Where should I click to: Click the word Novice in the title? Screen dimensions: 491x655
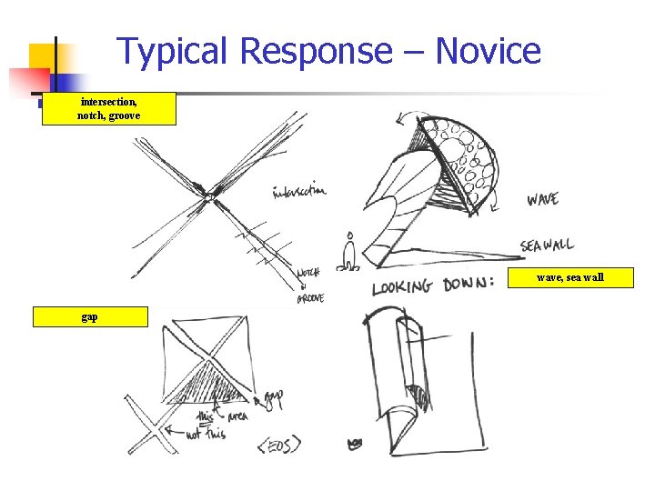tap(489, 52)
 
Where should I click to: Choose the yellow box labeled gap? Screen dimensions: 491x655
tap(90, 316)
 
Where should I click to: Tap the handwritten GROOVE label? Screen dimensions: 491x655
tap(310, 297)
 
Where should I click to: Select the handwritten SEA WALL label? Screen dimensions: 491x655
tap(547, 245)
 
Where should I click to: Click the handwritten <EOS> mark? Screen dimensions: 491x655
tap(278, 446)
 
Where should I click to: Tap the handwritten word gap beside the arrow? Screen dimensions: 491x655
tap(273, 397)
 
